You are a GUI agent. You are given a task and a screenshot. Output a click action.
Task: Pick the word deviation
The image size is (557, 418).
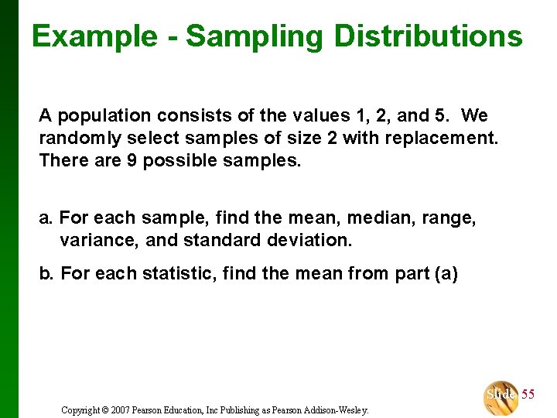pyautogui.click(x=312, y=240)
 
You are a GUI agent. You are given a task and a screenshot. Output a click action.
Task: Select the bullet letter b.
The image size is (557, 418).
pyautogui.click(x=45, y=273)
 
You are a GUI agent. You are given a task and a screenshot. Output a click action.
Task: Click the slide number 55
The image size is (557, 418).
pyautogui.click(x=528, y=395)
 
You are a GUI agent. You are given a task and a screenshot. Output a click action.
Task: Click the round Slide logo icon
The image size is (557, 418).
pyautogui.click(x=501, y=396)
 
